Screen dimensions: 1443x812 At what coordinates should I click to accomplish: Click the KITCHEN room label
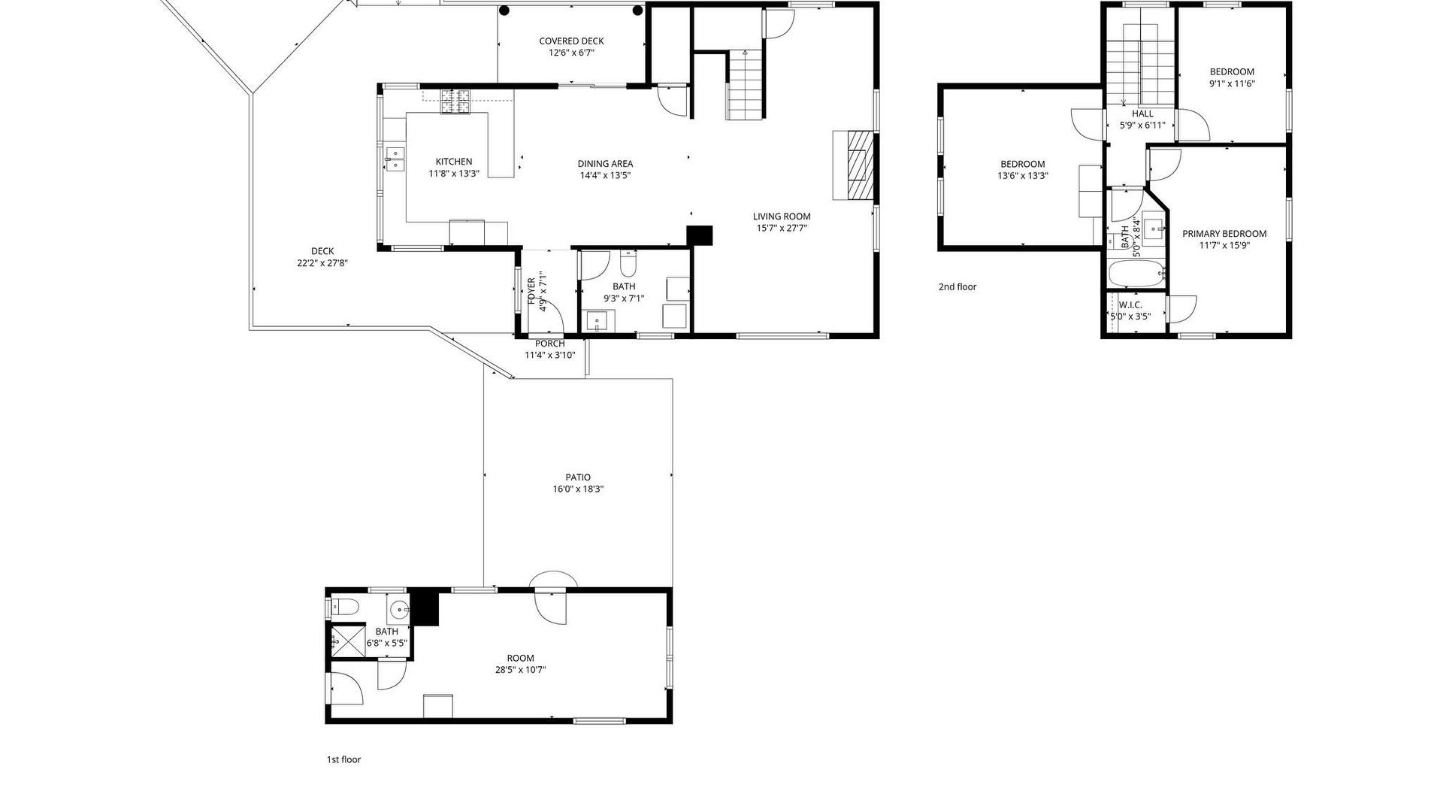click(454, 162)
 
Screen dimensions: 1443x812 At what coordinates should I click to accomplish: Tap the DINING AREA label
click(605, 164)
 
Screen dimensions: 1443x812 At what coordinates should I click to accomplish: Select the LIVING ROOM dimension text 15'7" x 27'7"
click(782, 228)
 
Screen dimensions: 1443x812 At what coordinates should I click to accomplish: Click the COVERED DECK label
click(571, 41)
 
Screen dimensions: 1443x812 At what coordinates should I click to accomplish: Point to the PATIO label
click(578, 477)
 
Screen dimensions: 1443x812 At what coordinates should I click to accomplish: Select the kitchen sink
click(395, 159)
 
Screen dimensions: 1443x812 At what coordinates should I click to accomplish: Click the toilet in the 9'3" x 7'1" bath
click(628, 263)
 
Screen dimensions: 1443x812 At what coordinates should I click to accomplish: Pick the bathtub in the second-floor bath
click(1137, 274)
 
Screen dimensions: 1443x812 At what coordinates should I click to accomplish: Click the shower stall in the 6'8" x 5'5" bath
click(346, 641)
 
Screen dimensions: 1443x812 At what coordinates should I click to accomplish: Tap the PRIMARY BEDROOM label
click(1224, 234)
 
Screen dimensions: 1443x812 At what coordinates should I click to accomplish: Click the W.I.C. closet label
click(1130, 304)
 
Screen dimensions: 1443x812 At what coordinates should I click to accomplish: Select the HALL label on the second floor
click(1142, 114)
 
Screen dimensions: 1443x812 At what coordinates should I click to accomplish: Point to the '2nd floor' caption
click(957, 286)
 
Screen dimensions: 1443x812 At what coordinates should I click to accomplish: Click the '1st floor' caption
click(343, 759)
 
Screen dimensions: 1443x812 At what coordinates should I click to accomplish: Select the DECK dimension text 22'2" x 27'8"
click(322, 263)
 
